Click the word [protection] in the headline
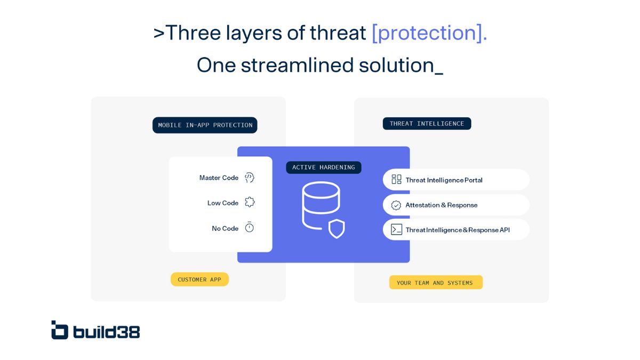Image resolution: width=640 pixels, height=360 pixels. [x=429, y=33]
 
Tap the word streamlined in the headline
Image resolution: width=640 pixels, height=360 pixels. [x=297, y=65]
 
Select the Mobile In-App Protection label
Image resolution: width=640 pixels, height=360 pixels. [x=205, y=125]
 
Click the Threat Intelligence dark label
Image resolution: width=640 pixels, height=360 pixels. [x=427, y=124]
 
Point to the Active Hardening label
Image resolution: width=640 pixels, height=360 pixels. [x=323, y=167]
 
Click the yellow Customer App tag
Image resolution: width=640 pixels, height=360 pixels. [x=199, y=279]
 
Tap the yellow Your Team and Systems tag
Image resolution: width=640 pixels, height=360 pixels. [x=435, y=283]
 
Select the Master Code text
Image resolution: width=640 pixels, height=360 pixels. [x=219, y=178]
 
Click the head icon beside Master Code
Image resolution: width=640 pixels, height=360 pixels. [x=250, y=178]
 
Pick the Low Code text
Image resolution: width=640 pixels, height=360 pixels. [x=223, y=203]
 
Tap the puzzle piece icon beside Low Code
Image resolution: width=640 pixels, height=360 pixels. [x=250, y=202]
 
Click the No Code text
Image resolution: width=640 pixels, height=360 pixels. [x=225, y=228]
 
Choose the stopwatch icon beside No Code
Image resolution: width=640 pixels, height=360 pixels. [x=250, y=227]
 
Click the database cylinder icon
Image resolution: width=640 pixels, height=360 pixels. [x=321, y=205]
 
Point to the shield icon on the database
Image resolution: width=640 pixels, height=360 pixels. [x=337, y=228]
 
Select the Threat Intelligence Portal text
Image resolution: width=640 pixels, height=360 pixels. [x=444, y=180]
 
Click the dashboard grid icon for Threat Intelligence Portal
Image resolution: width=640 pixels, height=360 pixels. [x=396, y=180]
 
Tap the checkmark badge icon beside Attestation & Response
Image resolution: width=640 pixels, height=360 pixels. [x=396, y=205]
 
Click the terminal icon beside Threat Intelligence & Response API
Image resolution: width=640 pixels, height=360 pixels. [x=396, y=230]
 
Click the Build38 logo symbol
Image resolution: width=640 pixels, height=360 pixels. [x=60, y=330]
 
